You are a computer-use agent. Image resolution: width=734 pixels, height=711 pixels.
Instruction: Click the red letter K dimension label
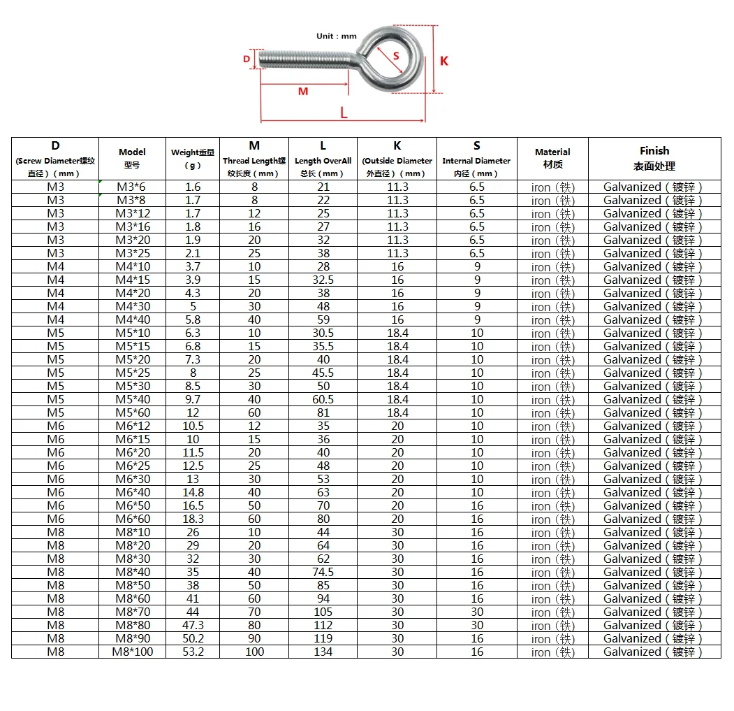tap(444, 61)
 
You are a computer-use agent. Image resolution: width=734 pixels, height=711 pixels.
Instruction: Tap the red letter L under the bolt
tap(344, 112)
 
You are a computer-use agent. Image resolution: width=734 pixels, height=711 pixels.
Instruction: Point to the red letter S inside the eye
tap(396, 55)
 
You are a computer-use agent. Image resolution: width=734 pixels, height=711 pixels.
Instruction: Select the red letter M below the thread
tap(303, 92)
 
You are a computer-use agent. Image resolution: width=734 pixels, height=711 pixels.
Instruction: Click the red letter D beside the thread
tap(247, 59)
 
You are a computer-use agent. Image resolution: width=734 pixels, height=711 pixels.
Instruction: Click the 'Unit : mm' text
tap(337, 36)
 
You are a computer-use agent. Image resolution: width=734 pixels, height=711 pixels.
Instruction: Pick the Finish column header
tap(654, 158)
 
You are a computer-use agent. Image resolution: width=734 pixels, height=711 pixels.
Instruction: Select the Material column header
tap(552, 158)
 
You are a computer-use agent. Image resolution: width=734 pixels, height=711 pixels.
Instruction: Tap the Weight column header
tap(193, 158)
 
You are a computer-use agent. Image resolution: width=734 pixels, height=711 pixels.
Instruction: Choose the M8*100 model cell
tap(133, 652)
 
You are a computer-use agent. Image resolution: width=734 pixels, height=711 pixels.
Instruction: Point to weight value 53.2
tap(193, 652)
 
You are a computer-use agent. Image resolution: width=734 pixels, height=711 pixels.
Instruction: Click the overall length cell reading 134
tap(323, 652)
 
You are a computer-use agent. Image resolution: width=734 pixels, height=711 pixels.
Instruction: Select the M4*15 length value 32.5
tap(323, 280)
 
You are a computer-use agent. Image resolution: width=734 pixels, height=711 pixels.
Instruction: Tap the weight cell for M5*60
tap(193, 412)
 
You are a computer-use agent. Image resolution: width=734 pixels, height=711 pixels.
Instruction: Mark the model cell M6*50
tap(132, 505)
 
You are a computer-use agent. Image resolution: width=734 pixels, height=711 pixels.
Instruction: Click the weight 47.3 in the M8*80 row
tap(193, 625)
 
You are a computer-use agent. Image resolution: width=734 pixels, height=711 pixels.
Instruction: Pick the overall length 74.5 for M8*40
tap(323, 572)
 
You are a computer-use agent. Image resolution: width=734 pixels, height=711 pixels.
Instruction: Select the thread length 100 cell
tap(254, 652)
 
